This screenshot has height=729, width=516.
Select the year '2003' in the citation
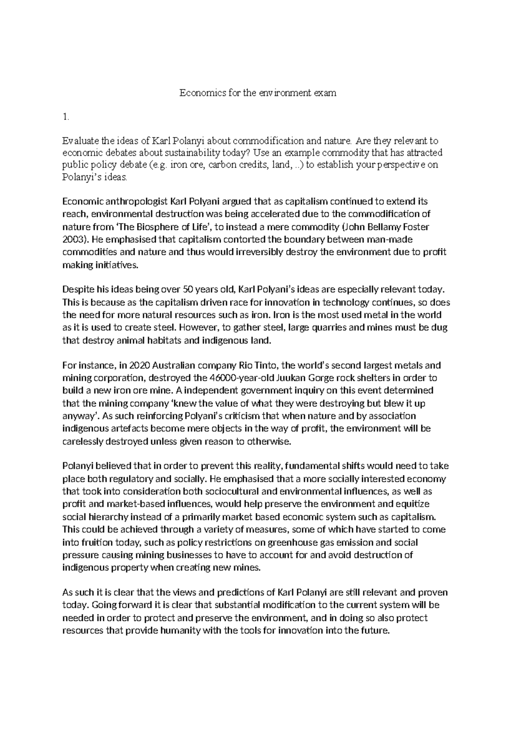coord(72,239)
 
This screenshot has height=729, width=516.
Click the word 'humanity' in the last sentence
coord(181,631)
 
